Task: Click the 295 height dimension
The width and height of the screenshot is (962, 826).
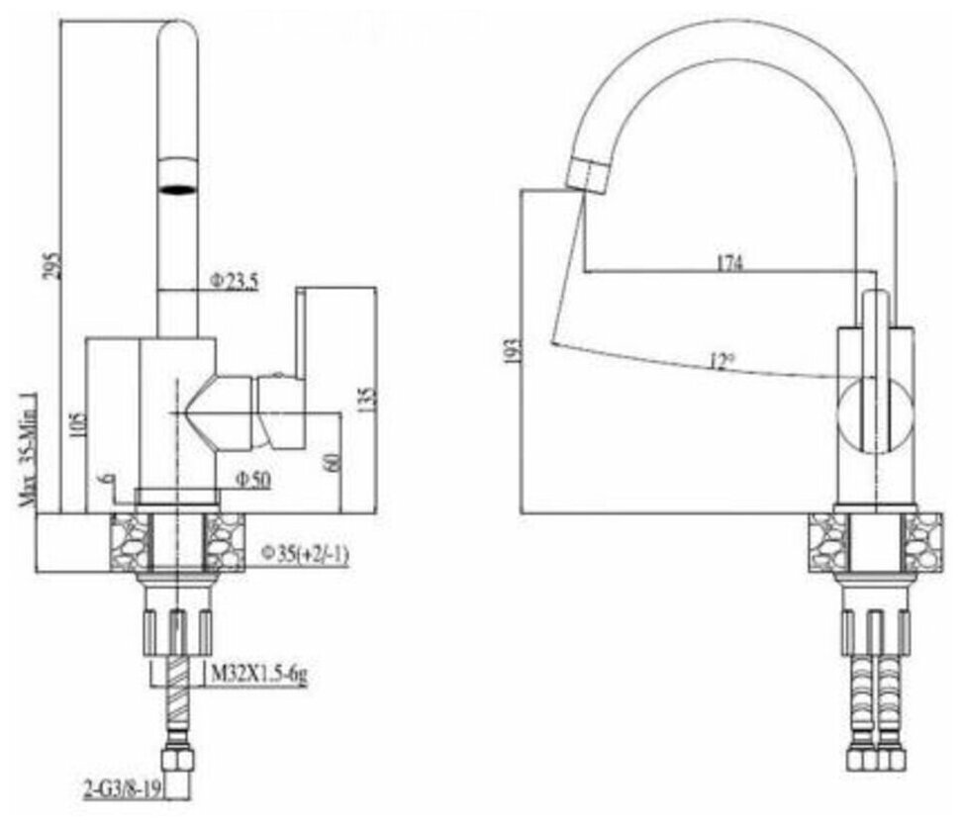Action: pos(55,262)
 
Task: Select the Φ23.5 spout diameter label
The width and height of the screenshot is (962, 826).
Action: pos(234,282)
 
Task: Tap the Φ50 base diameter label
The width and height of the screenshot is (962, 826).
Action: pos(252,480)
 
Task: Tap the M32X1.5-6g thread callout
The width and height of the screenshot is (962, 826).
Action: pos(259,675)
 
